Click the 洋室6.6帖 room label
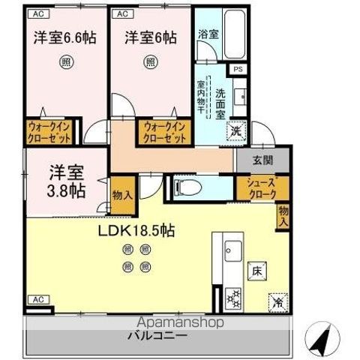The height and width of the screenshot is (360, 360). point(65,36)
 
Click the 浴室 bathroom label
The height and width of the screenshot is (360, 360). point(208,34)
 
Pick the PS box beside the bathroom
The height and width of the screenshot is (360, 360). point(238,70)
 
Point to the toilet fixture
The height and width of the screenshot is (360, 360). point(184,185)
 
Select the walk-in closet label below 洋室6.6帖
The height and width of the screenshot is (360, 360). point(50,133)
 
